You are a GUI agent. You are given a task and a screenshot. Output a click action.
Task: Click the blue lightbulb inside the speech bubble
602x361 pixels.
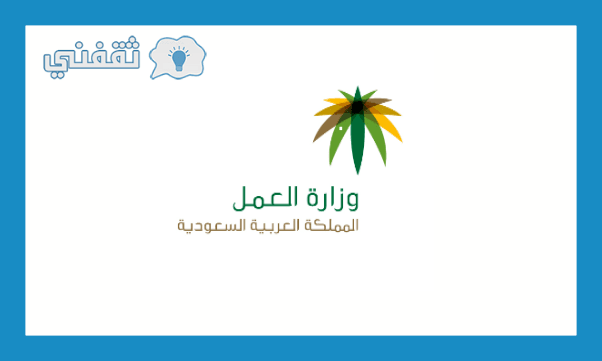pos(179,59)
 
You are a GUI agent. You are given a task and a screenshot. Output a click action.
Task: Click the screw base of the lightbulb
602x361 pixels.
pos(179,68)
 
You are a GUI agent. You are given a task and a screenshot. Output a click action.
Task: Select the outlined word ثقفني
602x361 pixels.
pos(91,57)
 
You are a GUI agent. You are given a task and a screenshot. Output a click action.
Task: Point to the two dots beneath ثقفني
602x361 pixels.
pos(57,75)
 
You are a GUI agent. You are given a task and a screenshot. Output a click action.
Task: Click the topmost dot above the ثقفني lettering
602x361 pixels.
pos(132,39)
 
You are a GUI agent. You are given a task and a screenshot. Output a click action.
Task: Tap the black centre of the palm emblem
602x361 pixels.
pos(358,107)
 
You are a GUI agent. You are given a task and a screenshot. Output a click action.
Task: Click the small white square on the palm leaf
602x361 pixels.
pos(341,129)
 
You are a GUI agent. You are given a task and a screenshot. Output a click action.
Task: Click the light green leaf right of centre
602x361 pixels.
pos(376,140)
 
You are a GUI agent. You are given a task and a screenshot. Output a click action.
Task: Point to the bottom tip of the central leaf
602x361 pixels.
pos(357,174)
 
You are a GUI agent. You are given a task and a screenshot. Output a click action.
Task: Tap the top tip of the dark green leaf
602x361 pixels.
pos(357,86)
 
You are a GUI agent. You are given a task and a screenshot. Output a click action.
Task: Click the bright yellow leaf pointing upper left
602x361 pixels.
pos(337,101)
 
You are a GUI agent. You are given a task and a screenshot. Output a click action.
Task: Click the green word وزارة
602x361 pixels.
pos(333,198)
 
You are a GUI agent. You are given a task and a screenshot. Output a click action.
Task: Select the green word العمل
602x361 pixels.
pos(265,198)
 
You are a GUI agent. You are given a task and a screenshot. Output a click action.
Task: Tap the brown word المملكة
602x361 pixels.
pos(332,225)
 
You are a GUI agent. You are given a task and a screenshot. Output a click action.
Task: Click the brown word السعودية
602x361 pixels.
pos(212,226)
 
